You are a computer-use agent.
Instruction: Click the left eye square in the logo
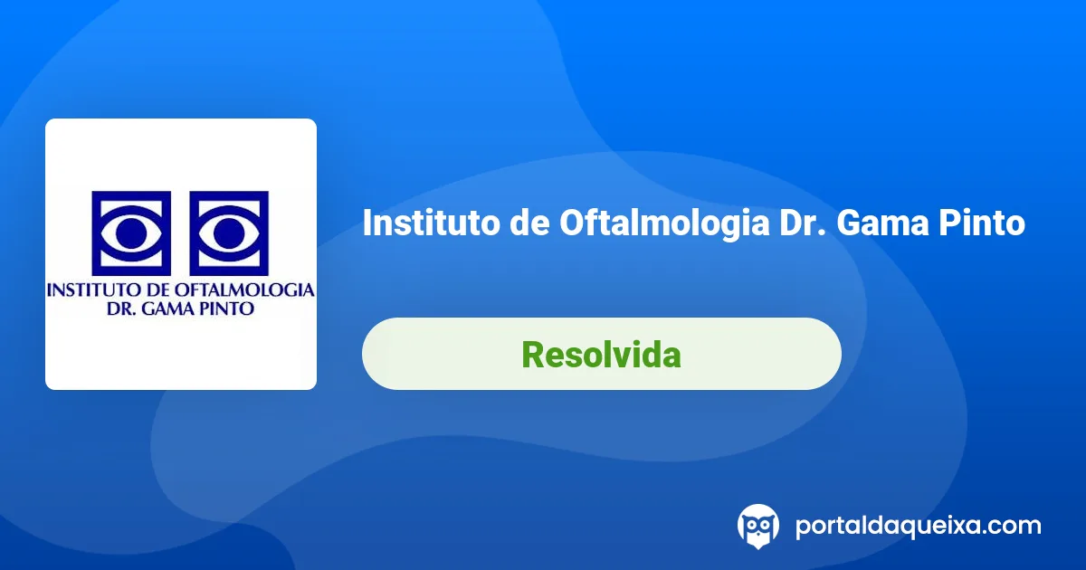click(131, 233)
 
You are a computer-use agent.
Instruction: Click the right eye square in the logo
click(229, 233)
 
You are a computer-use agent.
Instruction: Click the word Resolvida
click(601, 354)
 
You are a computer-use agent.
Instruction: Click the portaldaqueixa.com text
click(918, 525)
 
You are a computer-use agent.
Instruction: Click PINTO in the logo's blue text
click(228, 309)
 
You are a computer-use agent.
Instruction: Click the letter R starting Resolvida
click(532, 354)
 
